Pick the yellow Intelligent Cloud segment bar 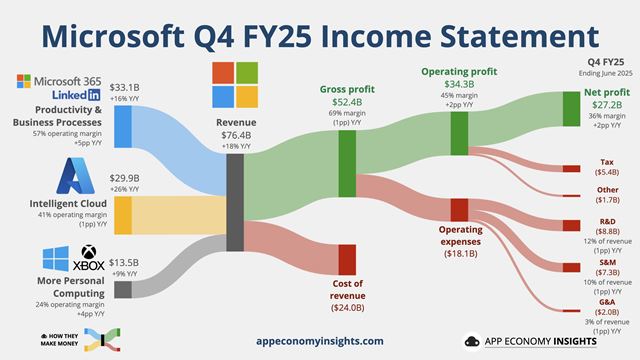point(123,214)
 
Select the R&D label point(607,219)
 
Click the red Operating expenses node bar point(459,209)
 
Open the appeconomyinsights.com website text point(320,341)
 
